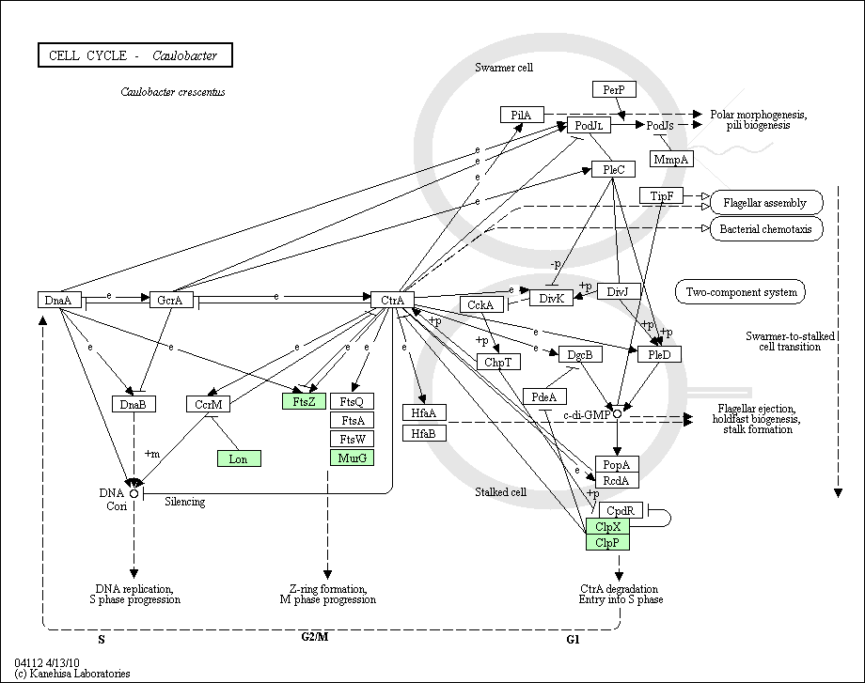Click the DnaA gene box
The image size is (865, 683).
pyautogui.click(x=59, y=300)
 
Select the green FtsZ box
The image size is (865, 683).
pyautogui.click(x=304, y=401)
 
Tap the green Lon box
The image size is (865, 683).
pyautogui.click(x=239, y=458)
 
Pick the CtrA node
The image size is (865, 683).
pyautogui.click(x=392, y=300)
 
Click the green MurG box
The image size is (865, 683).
pyautogui.click(x=352, y=458)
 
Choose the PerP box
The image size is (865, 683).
pyautogui.click(x=615, y=89)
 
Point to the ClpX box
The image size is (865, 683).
pyautogui.click(x=607, y=526)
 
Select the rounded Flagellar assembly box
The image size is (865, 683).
pyautogui.click(x=766, y=203)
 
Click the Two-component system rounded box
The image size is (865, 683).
pyautogui.click(x=740, y=292)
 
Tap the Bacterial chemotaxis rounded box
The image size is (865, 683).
pyautogui.click(x=766, y=229)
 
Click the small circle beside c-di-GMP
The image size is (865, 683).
pyautogui.click(x=618, y=413)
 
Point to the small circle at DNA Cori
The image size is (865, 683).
pyautogui.click(x=134, y=493)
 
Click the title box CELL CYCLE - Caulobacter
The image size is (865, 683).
pyautogui.click(x=135, y=55)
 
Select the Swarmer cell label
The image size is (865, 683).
pyautogui.click(x=504, y=68)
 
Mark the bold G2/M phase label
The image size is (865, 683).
pyautogui.click(x=314, y=637)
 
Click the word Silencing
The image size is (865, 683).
pyautogui.click(x=185, y=502)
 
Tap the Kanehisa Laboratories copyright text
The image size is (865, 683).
pyautogui.click(x=72, y=673)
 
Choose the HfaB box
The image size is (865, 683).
pyautogui.click(x=424, y=433)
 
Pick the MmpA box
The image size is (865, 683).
pyautogui.click(x=671, y=160)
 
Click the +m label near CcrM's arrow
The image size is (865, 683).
pyautogui.click(x=151, y=454)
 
